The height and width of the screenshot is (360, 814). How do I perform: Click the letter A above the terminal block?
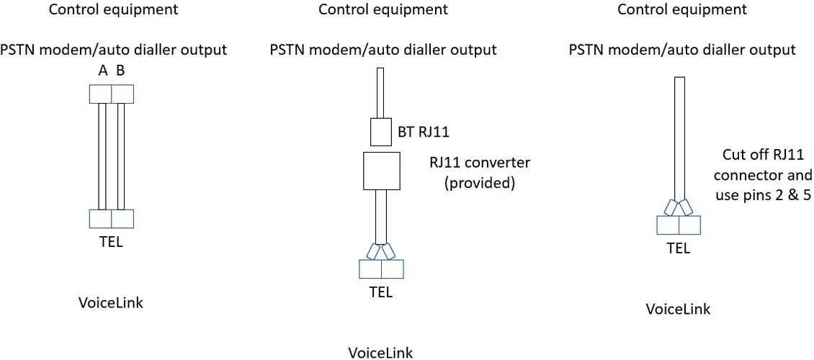point(103,72)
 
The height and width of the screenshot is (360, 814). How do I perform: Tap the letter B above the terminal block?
point(120,72)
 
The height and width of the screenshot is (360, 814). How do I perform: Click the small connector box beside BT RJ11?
point(381,132)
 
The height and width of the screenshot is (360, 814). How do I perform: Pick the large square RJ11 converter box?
point(381,171)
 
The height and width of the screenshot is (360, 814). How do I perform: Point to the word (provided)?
point(480,183)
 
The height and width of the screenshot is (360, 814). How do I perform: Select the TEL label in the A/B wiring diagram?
point(111,242)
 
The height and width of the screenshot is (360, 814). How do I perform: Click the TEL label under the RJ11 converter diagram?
point(381,292)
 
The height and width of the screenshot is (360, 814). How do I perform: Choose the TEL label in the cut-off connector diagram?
point(678,248)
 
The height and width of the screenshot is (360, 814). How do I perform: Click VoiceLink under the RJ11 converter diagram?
point(380,353)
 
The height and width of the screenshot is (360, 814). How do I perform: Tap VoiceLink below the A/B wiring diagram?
point(111,302)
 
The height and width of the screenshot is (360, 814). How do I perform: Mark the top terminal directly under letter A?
point(101,94)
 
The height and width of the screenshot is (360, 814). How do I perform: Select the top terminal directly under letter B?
point(122,94)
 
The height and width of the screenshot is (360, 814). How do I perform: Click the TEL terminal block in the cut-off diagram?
point(678,225)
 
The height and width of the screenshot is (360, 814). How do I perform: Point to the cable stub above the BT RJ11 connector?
point(381,93)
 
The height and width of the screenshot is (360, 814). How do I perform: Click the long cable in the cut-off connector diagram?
point(679,137)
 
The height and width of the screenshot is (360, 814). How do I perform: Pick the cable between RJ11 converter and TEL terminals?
point(381,216)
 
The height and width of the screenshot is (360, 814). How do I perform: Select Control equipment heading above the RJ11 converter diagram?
point(383,9)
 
